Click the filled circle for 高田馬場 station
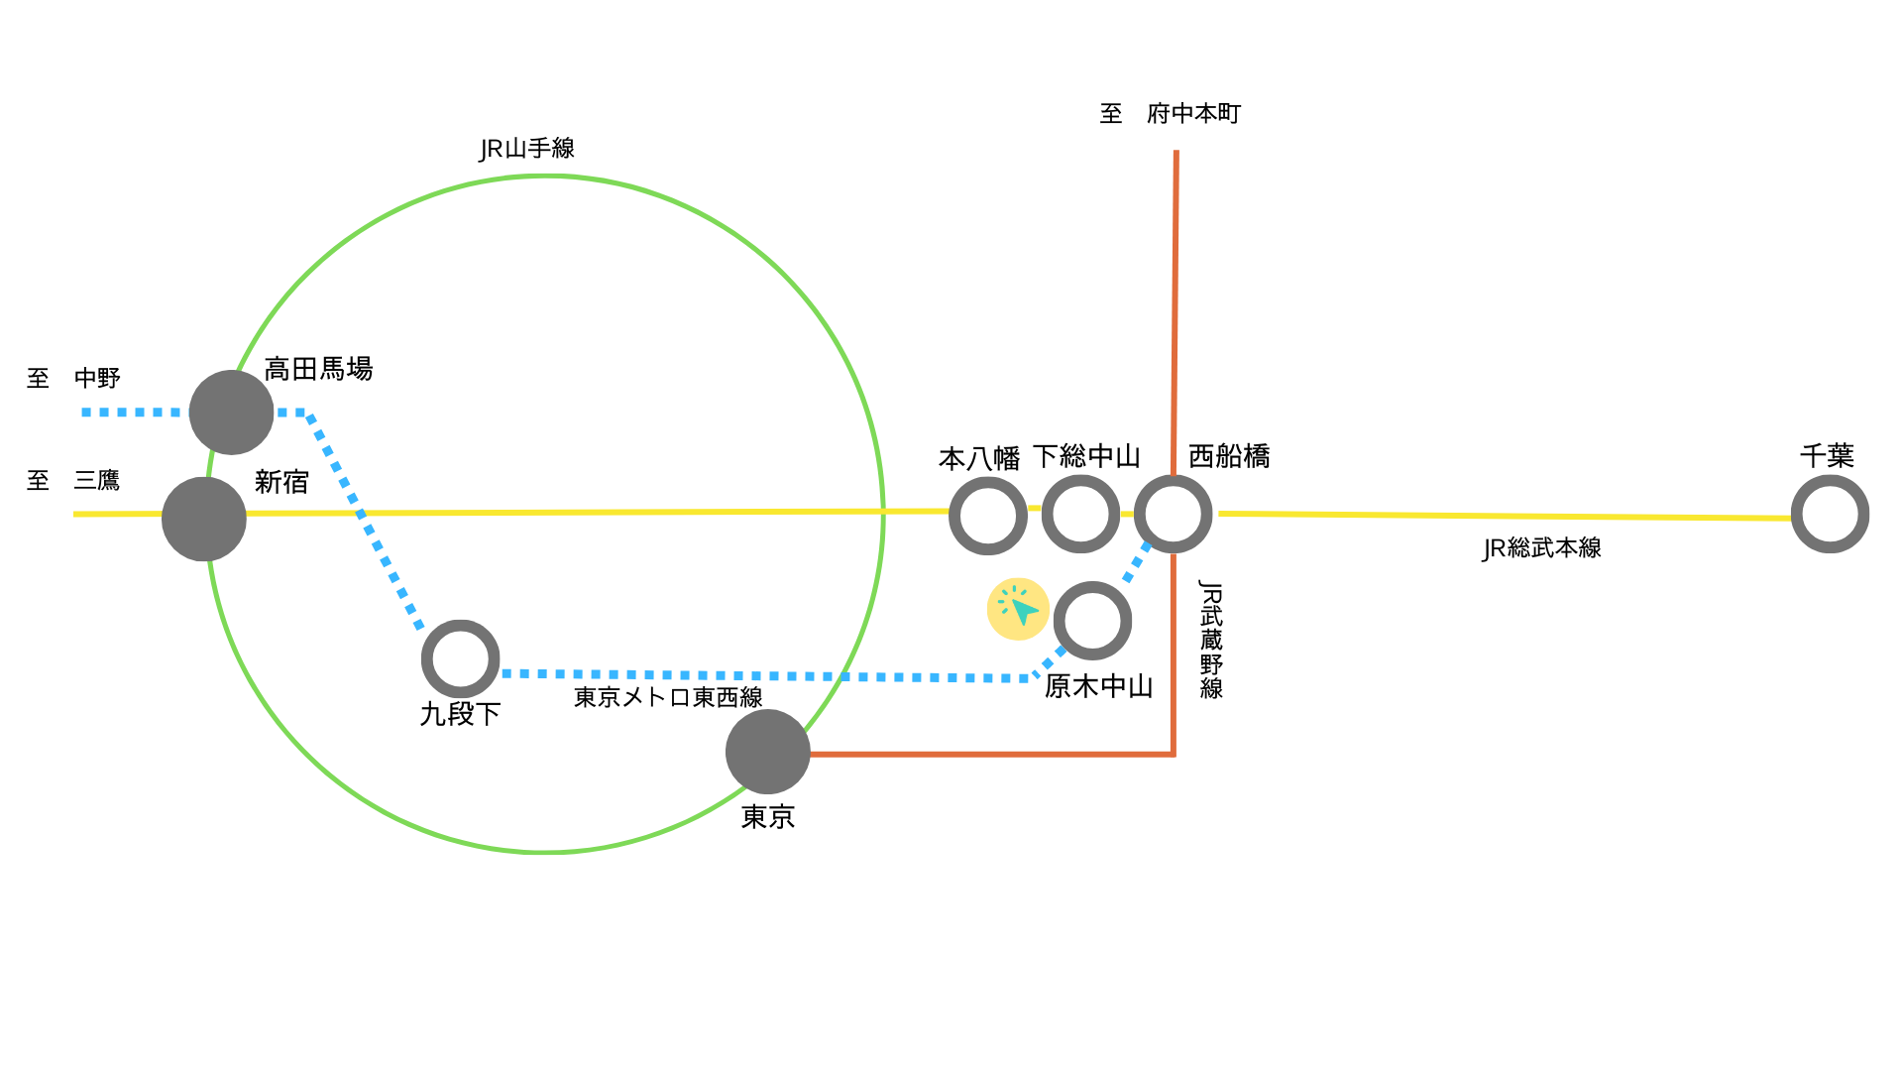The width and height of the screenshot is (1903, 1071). [231, 413]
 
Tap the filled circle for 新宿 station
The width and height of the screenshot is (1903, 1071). [204, 519]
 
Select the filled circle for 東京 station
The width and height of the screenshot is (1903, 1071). [768, 752]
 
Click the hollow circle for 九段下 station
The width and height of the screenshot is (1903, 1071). [460, 658]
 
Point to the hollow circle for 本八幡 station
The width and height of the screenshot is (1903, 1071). [988, 516]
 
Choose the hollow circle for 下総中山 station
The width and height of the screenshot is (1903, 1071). [1080, 515]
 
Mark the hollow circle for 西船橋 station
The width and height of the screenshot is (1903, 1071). [1174, 515]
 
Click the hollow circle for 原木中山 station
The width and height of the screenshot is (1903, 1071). [1092, 621]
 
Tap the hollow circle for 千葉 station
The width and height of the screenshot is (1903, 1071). [1830, 515]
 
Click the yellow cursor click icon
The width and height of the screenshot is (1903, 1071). [1018, 608]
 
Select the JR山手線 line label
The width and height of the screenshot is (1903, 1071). [527, 149]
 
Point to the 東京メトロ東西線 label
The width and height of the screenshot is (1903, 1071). [668, 697]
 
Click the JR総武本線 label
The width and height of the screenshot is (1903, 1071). [1541, 548]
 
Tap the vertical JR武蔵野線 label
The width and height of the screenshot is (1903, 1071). [1211, 640]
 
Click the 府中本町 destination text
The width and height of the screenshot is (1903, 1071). [1193, 114]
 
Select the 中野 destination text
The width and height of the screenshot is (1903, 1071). [97, 378]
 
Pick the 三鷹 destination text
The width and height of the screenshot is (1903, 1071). [97, 481]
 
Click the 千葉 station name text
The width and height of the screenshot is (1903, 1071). [1827, 456]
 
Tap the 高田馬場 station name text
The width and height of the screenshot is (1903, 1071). [318, 370]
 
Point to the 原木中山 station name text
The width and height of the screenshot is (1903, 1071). [1098, 686]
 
